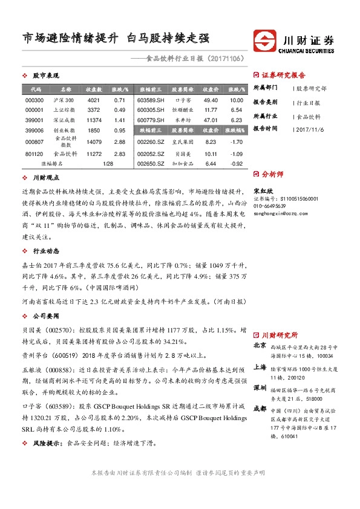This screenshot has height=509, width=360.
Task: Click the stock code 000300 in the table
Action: [34, 100]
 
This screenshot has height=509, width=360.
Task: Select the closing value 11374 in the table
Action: [94, 120]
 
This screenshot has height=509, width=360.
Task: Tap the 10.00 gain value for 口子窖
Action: [237, 100]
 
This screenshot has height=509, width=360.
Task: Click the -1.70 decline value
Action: [237, 141]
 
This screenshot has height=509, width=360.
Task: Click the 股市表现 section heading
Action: [45, 76]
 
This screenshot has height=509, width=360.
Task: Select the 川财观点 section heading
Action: [45, 178]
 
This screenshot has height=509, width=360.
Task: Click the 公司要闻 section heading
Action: [45, 316]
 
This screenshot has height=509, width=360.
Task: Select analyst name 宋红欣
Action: [263, 190]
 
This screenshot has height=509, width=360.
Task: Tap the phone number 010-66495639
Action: [270, 206]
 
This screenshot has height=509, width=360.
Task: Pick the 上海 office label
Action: [260, 366]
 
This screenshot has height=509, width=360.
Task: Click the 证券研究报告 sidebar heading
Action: [283, 76]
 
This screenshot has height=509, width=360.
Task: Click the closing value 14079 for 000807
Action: [94, 142]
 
